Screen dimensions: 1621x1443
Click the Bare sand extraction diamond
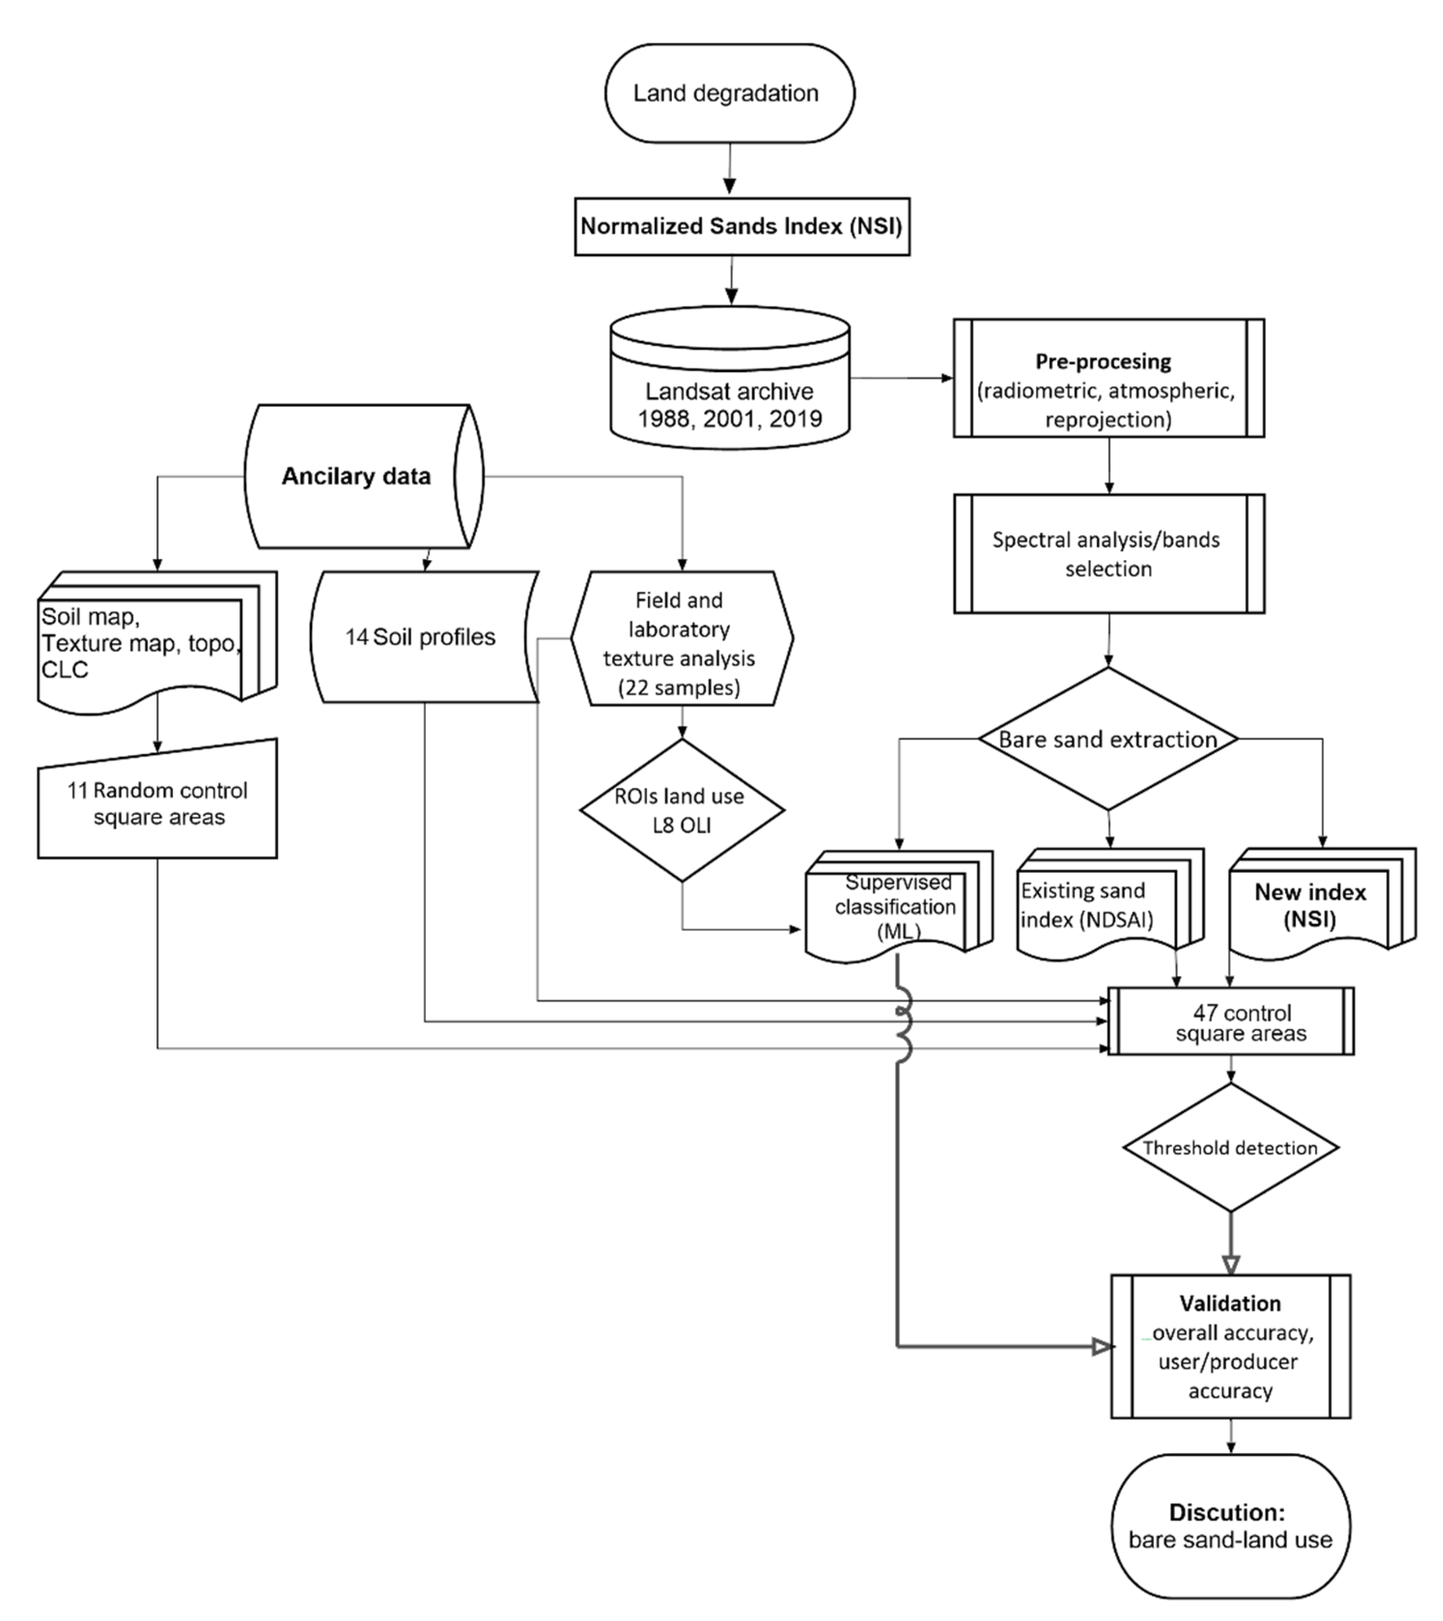click(x=1108, y=739)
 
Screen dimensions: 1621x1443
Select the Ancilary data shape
click(x=357, y=476)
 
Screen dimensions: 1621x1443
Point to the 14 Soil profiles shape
click(x=420, y=637)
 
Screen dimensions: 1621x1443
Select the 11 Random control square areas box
click(x=158, y=803)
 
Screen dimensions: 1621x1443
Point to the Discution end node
click(x=1230, y=1526)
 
